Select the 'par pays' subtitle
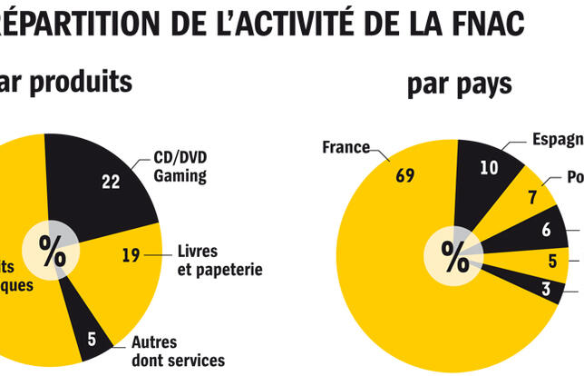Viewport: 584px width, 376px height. pyautogui.click(x=459, y=84)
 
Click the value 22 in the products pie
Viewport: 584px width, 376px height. pyautogui.click(x=111, y=182)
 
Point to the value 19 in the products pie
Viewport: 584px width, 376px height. pyautogui.click(x=131, y=255)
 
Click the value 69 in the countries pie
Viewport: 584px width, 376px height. pyautogui.click(x=404, y=175)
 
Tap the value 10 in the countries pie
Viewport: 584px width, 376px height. pyautogui.click(x=489, y=167)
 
